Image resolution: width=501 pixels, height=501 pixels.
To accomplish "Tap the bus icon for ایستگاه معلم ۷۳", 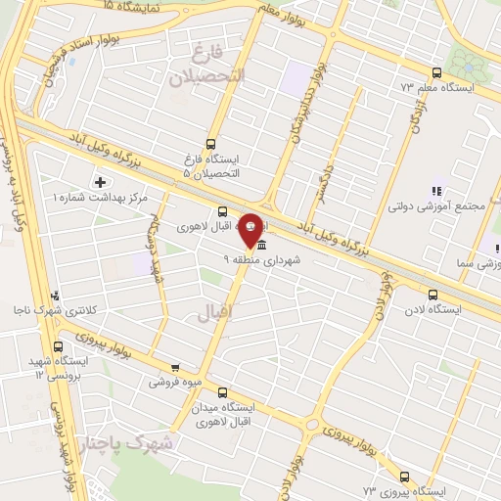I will tap(435, 71).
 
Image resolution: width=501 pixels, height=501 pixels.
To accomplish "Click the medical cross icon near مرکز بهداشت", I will tap(100, 182).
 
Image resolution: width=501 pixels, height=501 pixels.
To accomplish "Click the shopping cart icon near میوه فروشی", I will tap(175, 368).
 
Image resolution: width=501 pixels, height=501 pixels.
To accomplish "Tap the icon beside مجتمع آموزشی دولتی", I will tap(434, 191).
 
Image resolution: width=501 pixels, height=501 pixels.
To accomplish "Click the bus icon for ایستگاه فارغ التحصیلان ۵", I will tap(212, 144).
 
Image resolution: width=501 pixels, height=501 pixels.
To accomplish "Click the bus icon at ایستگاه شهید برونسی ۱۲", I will tap(59, 346).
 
